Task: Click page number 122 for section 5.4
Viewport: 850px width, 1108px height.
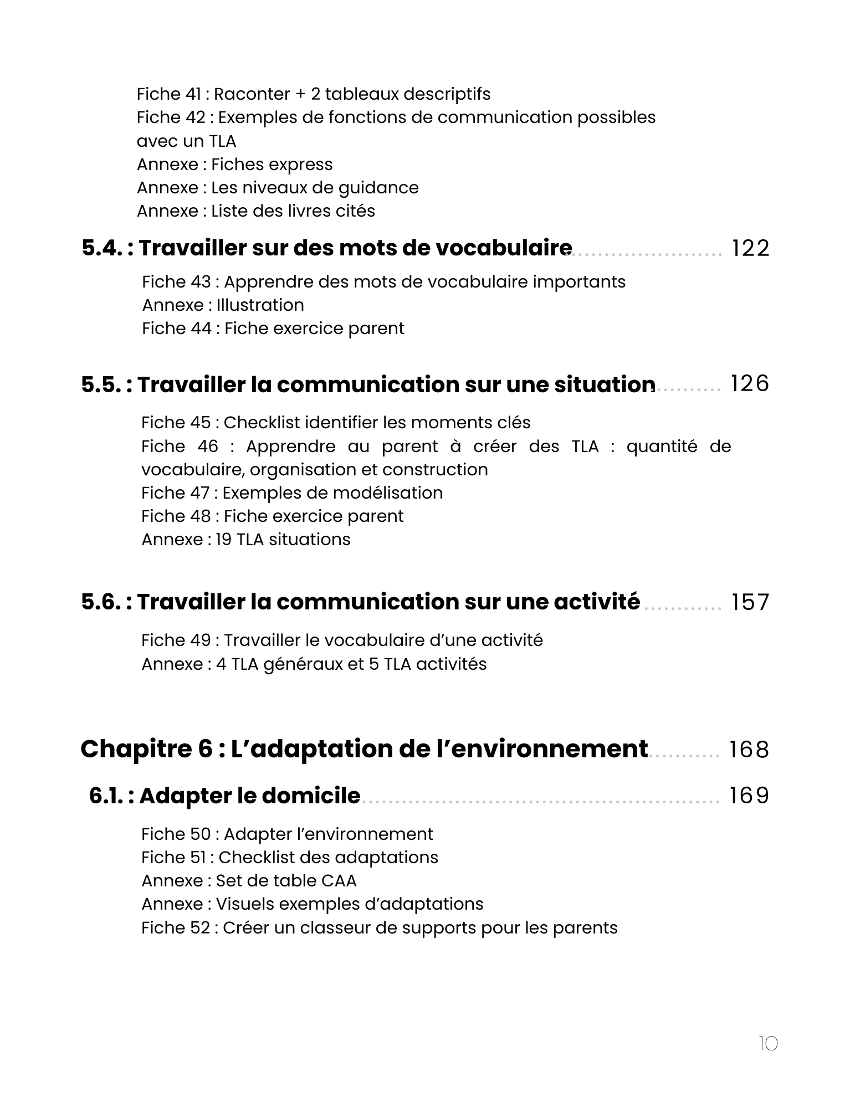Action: coord(750,248)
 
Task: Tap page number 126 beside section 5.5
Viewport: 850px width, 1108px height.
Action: coord(750,383)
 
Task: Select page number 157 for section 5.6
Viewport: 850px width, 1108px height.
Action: coord(750,602)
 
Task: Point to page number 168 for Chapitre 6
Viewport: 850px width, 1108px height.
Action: coord(749,750)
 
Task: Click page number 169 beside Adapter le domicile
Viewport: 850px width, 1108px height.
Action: coord(749,796)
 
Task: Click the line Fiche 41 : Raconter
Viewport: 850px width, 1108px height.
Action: coord(313,94)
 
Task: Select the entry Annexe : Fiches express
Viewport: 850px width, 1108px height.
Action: coord(234,165)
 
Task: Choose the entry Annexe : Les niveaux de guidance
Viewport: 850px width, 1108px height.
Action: coord(278,188)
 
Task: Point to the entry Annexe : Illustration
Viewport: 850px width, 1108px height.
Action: coord(223,305)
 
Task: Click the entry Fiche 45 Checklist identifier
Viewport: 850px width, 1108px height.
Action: coord(335,423)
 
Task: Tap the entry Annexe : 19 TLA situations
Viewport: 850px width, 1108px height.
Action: coord(245,540)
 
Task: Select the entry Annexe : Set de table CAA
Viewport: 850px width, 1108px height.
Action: coord(249,881)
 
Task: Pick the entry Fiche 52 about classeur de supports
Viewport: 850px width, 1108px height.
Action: coord(379,928)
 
